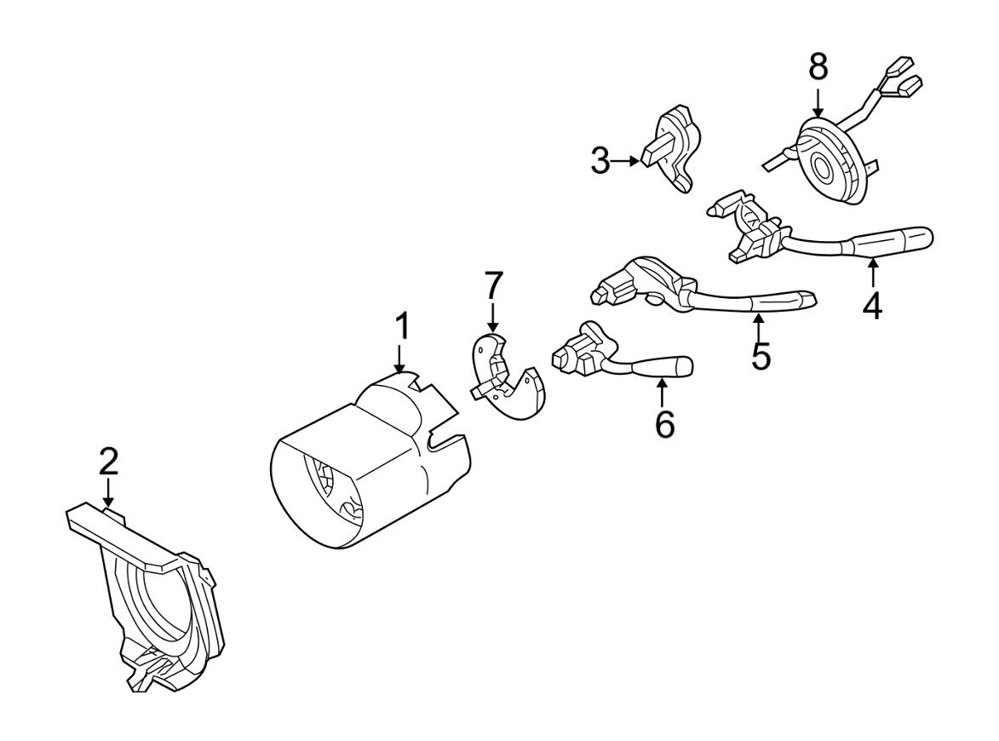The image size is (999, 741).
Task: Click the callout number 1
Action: click(401, 327)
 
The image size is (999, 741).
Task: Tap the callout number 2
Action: click(108, 462)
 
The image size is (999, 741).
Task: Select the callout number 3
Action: click(601, 160)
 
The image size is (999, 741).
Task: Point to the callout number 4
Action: click(872, 304)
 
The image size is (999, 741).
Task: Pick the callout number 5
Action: click(761, 355)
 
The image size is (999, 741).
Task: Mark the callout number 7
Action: click(494, 288)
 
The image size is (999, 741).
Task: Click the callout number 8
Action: click(818, 66)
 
